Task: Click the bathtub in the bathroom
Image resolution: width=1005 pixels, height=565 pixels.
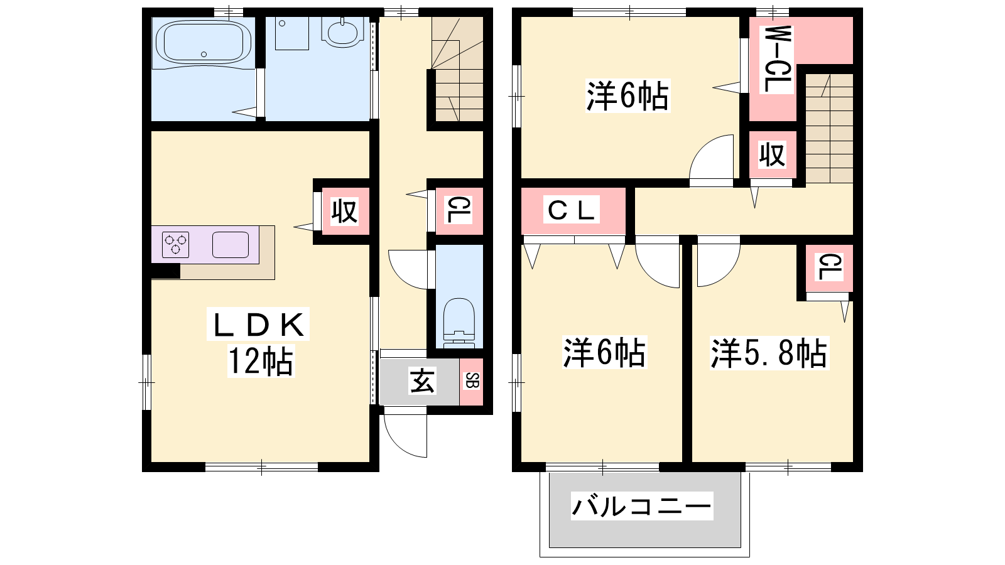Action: point(204,43)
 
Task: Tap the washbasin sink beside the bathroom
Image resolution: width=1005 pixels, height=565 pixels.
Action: point(342,32)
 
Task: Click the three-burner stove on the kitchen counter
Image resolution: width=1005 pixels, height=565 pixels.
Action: point(175,245)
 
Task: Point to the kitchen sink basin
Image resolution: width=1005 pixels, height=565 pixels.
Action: point(231,245)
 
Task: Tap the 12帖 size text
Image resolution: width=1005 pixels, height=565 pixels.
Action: point(261,360)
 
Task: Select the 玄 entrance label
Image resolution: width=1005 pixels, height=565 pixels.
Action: point(421,381)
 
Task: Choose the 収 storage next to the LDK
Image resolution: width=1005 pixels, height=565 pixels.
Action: point(345,211)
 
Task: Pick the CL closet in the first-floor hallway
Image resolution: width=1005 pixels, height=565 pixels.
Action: point(459,211)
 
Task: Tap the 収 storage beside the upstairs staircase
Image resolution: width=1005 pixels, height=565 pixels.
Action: point(772,154)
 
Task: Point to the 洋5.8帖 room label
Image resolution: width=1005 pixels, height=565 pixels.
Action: point(769,353)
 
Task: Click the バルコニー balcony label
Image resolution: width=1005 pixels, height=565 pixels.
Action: point(641,506)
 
